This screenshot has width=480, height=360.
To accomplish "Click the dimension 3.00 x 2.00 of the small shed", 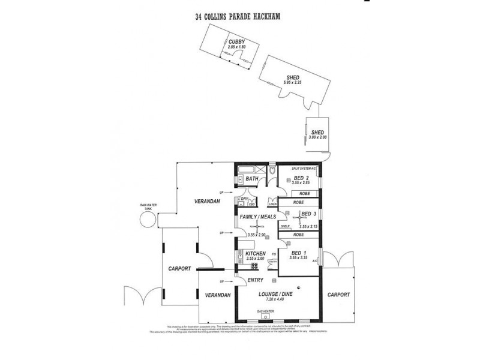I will click(317, 137).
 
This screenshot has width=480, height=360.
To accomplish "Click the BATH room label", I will click(251, 178).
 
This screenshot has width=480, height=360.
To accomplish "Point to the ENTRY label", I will click(256, 280).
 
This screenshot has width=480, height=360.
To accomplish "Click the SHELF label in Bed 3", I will click(286, 226).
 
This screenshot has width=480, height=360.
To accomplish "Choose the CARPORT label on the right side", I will click(339, 295).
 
